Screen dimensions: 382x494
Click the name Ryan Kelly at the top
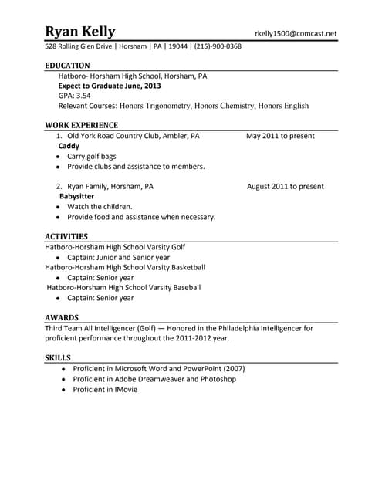[x=80, y=32]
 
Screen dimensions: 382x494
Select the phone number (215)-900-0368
[x=217, y=46]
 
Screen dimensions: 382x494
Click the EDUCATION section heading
[x=67, y=66]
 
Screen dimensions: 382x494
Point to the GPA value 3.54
[x=82, y=96]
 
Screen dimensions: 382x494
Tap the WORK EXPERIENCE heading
[x=81, y=125]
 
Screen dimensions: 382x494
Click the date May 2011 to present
[x=280, y=136]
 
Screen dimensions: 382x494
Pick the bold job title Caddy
[x=69, y=146]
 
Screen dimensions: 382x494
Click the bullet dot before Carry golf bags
[x=58, y=157]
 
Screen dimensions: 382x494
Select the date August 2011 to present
[x=285, y=187]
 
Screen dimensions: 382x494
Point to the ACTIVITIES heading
[x=66, y=236]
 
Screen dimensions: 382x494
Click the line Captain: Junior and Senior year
[x=118, y=258]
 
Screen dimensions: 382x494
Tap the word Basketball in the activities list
[x=184, y=268]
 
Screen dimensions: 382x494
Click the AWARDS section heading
[x=62, y=317]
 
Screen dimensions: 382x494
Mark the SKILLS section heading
[x=58, y=358]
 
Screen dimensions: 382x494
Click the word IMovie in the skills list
[x=120, y=390]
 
